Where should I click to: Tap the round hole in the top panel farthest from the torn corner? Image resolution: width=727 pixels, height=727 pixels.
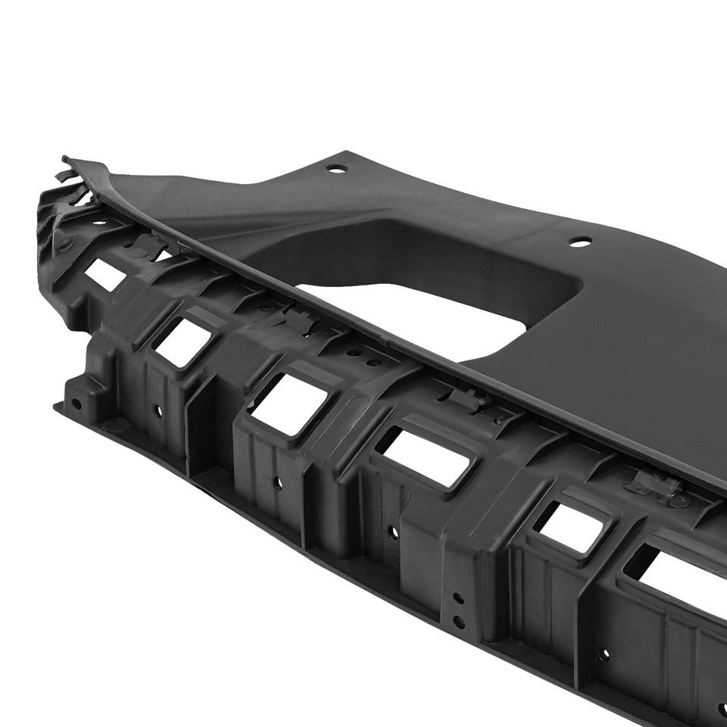(x=580, y=242)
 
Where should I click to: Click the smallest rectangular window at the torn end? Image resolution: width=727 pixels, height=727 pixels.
(x=105, y=275)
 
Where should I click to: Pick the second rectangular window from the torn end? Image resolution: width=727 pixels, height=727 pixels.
(x=182, y=342)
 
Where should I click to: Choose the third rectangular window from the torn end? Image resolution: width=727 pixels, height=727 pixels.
(x=288, y=403)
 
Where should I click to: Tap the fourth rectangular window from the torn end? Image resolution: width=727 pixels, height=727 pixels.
(x=424, y=457)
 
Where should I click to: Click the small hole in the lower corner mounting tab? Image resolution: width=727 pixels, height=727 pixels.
(x=76, y=404)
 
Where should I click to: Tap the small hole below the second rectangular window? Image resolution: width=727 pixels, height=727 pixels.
(x=158, y=410)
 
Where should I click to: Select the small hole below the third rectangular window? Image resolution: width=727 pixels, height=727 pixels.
(x=277, y=482)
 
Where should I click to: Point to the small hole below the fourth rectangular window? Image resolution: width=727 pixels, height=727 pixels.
(x=393, y=532)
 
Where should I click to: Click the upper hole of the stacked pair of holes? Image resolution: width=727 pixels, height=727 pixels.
(x=458, y=598)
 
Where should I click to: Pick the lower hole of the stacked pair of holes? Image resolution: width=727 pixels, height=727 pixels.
(x=458, y=622)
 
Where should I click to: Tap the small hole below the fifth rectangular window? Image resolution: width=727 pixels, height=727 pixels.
(x=603, y=653)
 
